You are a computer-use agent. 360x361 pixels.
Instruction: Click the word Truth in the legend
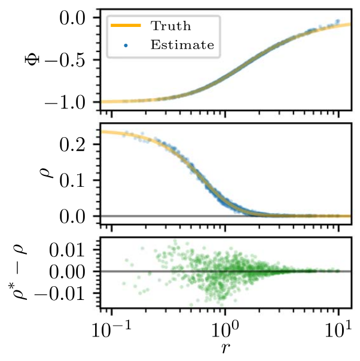point(170,26)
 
